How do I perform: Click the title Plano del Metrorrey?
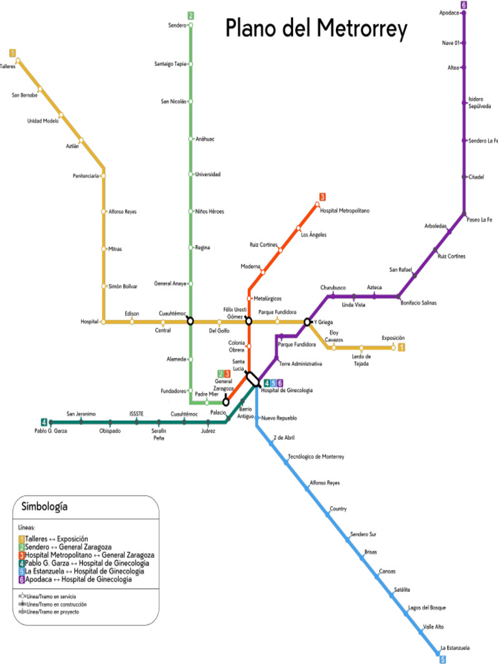tap(316, 29)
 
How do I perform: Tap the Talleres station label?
tap(7, 66)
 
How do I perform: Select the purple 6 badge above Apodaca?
tap(464, 5)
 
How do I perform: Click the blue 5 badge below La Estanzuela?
tap(443, 659)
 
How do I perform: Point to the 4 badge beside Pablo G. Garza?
tap(44, 421)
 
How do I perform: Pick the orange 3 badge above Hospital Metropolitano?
tap(322, 196)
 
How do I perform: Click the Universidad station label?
tap(207, 174)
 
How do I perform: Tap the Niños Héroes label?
tap(209, 211)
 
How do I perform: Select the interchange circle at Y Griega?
tap(307, 322)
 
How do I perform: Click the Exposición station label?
tap(393, 338)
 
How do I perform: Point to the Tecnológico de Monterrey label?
tap(316, 457)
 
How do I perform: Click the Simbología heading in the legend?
tap(45, 506)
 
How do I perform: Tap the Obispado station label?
tap(110, 431)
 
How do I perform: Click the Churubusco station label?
tap(333, 287)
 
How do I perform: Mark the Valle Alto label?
tap(433, 626)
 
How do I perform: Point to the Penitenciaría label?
tap(86, 176)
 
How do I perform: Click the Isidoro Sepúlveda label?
tap(479, 102)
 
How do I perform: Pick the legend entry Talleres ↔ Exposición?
tap(56, 539)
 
